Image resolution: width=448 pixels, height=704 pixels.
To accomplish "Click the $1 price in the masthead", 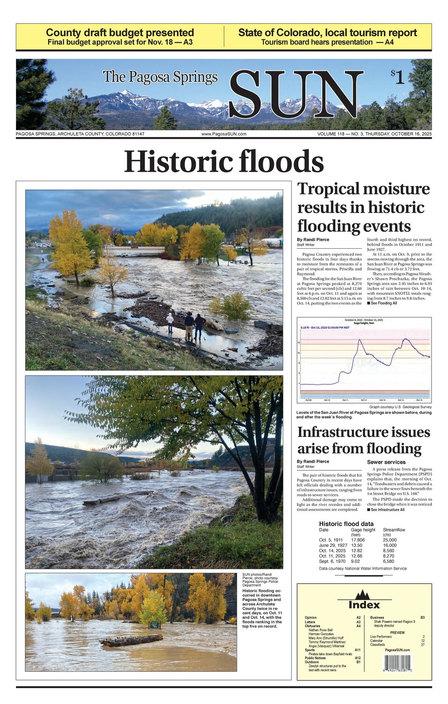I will [x=397, y=77].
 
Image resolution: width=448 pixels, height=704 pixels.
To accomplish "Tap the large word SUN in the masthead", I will [x=296, y=95].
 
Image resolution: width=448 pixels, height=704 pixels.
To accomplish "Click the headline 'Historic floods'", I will [x=224, y=161].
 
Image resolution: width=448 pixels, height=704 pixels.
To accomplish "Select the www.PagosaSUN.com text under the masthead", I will [x=224, y=134].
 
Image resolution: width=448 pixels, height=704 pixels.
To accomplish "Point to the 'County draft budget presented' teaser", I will [x=120, y=33].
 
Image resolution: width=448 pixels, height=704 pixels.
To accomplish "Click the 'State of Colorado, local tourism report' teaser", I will [x=327, y=33].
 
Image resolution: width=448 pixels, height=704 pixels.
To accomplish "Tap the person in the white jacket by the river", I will [x=170, y=322].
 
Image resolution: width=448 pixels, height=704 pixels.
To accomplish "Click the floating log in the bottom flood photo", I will [x=131, y=639].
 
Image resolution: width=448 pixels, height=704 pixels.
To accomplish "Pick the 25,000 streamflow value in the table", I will [x=389, y=540].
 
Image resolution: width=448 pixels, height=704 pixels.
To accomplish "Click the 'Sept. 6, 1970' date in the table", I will [x=332, y=561].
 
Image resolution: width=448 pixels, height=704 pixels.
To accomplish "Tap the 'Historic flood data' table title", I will [x=346, y=524].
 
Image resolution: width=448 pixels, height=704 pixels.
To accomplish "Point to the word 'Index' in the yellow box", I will [x=364, y=605].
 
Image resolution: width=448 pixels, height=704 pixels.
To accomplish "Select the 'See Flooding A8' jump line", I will [x=383, y=303].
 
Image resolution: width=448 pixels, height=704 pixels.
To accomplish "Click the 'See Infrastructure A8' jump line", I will [x=387, y=510].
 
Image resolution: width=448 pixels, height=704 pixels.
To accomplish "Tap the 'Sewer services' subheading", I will [x=386, y=462].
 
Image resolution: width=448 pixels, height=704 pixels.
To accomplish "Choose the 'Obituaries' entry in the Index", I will [x=312, y=626].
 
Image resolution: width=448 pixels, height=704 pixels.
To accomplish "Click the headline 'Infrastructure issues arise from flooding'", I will [x=364, y=440].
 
